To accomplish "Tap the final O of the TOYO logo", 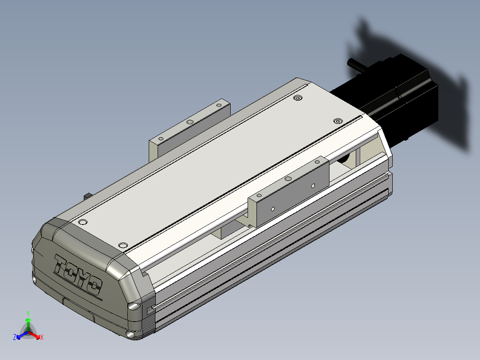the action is point(95,286).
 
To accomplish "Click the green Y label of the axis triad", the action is point(28,313).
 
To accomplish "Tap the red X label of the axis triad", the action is point(42,337).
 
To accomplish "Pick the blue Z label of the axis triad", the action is point(14,337).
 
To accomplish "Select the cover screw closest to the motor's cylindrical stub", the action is point(297,98).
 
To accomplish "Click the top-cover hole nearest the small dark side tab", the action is point(83,222).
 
